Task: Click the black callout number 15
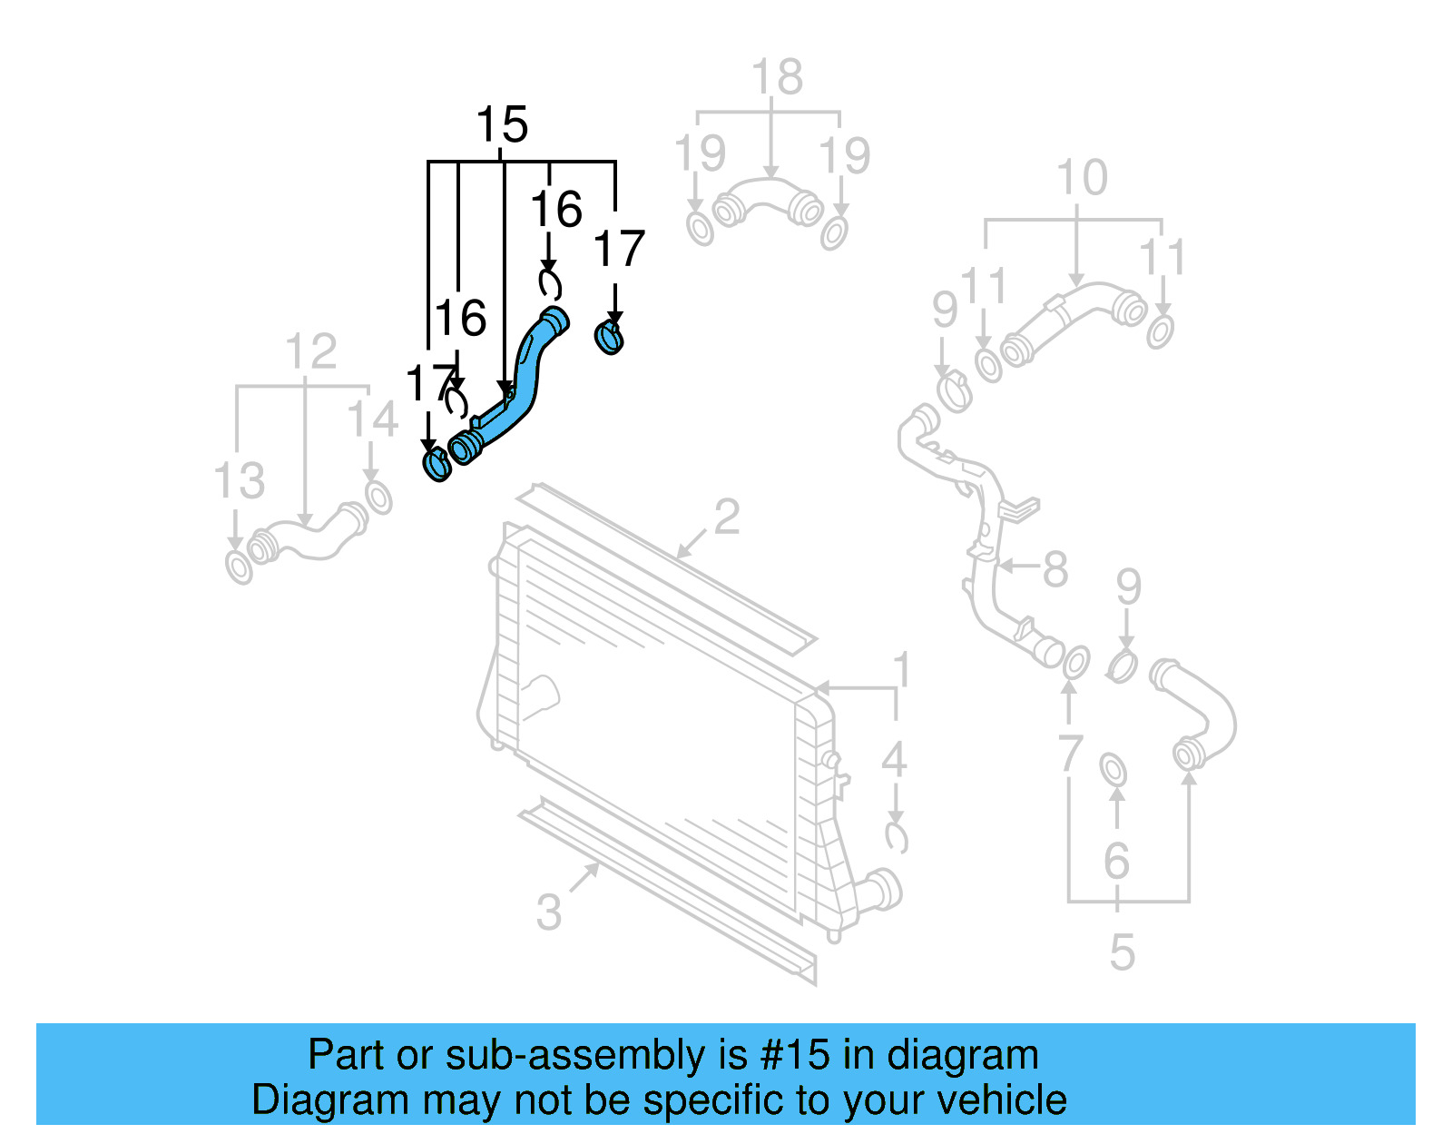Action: point(502,125)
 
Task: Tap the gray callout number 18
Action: point(777,77)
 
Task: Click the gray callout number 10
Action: point(1082,178)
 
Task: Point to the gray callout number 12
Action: point(310,351)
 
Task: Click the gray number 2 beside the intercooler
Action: point(726,518)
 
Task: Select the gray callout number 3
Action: point(548,912)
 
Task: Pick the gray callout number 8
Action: point(1055,570)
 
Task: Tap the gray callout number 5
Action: point(1122,952)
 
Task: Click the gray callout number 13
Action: point(240,481)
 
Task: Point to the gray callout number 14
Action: point(372,419)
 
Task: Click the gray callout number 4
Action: point(894,759)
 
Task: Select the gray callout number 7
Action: point(1070,754)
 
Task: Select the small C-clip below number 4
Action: point(896,837)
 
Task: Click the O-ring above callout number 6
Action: point(1114,770)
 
